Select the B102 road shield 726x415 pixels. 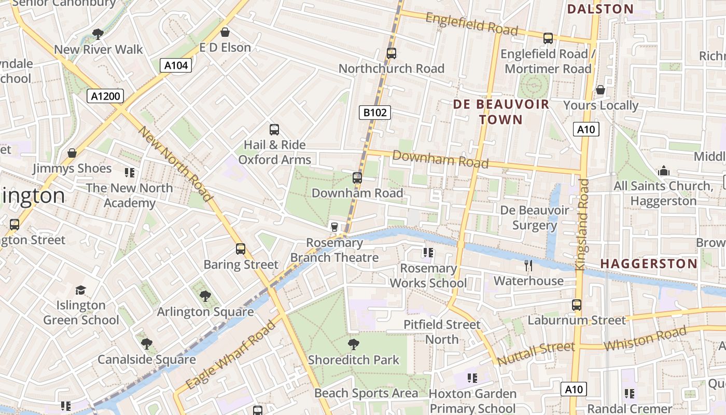coord(374,113)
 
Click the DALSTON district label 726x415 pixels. coord(600,9)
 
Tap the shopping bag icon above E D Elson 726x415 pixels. coord(225,33)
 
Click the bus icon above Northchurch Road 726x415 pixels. coord(392,53)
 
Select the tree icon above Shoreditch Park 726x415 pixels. coord(354,344)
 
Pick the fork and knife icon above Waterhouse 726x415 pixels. coord(528,266)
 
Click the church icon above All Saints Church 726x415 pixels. coord(663,171)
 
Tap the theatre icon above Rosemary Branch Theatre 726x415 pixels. coord(334,227)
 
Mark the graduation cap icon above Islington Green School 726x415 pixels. coord(80,290)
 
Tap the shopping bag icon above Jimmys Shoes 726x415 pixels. coord(72,154)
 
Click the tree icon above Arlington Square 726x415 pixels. coord(205,296)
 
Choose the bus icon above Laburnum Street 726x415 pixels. coord(576,305)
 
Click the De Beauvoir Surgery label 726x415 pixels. coord(534,218)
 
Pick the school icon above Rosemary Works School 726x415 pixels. coord(428,253)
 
